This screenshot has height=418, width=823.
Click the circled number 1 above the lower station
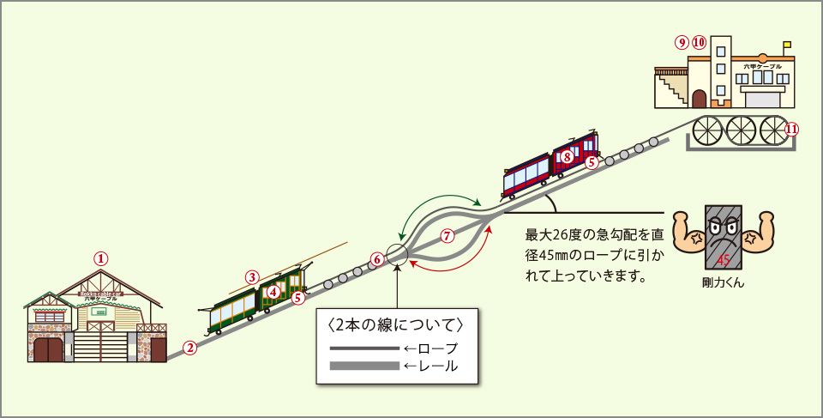coord(101,257)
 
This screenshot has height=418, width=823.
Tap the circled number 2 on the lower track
coord(190,348)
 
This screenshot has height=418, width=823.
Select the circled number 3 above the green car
coord(252,277)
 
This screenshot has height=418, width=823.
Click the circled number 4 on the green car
coord(273,292)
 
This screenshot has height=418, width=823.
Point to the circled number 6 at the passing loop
coord(375,258)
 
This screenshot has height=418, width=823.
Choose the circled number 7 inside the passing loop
coord(446,235)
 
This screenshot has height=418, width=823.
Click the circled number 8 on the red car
coord(567,156)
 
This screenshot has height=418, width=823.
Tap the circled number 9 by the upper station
coord(682,41)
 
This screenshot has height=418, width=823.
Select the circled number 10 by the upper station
coord(699,41)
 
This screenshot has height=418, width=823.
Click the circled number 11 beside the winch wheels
coord(791,130)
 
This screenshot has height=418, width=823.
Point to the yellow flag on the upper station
coord(787,45)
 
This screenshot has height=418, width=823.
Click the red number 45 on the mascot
coord(724,259)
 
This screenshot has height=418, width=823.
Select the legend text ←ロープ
coord(430,348)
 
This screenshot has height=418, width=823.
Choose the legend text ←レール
coord(430,366)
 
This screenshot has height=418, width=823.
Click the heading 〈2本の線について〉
coord(396,325)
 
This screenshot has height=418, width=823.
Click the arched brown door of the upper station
coord(699,98)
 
